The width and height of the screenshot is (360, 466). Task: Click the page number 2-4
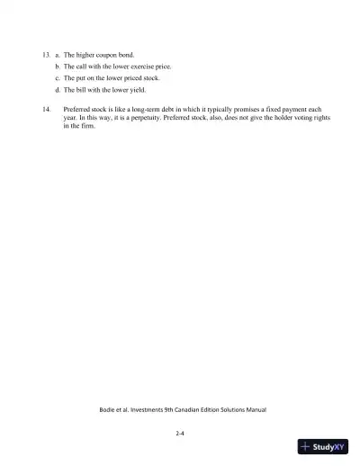[180, 432]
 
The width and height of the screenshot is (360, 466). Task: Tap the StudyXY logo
[323, 445]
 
